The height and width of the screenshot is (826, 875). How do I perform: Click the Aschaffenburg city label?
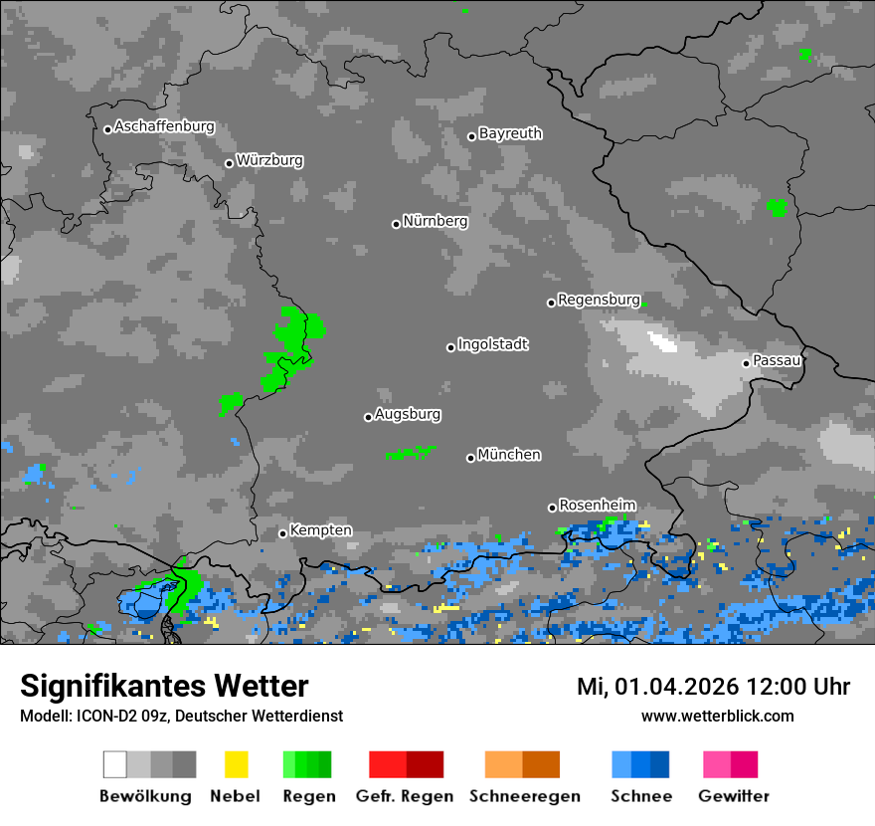point(164,127)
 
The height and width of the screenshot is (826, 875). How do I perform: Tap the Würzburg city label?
point(269,160)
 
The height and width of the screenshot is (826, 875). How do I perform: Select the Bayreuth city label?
point(510,133)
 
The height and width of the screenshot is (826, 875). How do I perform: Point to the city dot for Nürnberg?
point(396,224)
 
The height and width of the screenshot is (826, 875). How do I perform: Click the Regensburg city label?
point(599,300)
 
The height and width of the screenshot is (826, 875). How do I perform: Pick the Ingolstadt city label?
point(492,344)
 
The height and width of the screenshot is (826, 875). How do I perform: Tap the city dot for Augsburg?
point(368,417)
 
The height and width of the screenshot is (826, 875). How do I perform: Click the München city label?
point(509,455)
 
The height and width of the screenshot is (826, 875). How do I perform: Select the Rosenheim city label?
point(597,505)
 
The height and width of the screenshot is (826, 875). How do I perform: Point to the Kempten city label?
point(320,530)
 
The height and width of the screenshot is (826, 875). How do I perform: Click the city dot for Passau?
point(746,363)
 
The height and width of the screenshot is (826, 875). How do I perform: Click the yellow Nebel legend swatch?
point(236,764)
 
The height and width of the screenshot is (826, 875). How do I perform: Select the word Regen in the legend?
point(308,796)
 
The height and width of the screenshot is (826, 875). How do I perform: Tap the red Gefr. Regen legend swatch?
point(406,764)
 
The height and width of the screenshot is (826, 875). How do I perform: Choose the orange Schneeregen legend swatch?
point(522,764)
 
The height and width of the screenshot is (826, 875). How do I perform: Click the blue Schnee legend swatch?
point(640,764)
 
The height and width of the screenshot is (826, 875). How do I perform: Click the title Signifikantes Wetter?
point(164,687)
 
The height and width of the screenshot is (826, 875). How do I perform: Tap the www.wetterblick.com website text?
point(717,716)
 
